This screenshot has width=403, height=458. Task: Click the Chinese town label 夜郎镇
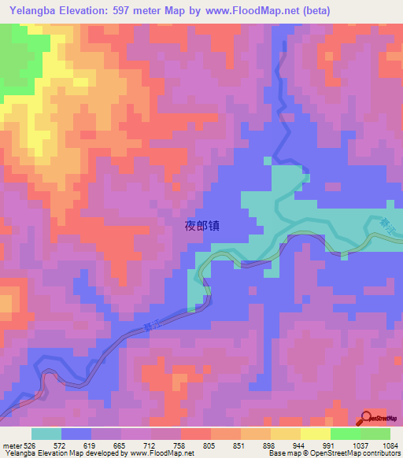click(x=201, y=225)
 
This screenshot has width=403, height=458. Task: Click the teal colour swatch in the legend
click(x=46, y=434)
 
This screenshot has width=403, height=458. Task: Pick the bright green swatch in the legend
click(x=346, y=434)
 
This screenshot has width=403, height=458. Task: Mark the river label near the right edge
click(x=385, y=226)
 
